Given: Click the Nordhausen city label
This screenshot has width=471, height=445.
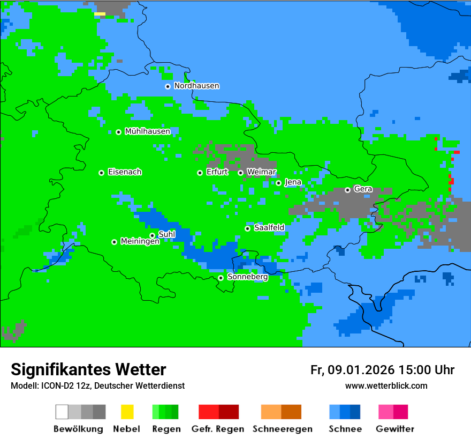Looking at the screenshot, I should [x=196, y=86].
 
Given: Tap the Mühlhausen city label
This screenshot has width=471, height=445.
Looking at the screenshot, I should [x=147, y=131].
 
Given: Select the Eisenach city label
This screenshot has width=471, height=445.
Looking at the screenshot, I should [x=125, y=172].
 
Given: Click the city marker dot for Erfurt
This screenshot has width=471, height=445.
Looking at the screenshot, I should [x=200, y=173].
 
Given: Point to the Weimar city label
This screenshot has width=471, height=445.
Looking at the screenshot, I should [x=262, y=172].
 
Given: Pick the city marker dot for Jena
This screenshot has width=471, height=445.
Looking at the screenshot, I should [x=278, y=183].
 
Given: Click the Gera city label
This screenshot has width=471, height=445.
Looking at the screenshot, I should [x=363, y=189].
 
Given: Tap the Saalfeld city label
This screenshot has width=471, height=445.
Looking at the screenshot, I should [x=269, y=228].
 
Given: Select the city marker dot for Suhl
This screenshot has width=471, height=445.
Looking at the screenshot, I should [x=152, y=235].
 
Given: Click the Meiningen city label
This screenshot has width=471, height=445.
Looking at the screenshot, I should [x=140, y=242].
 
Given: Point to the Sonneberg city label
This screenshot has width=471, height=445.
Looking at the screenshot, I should [x=247, y=277].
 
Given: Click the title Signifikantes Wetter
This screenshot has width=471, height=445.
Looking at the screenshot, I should [x=88, y=369].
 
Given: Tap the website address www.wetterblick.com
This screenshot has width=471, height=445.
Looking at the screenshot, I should [x=386, y=385].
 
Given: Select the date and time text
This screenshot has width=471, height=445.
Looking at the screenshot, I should [x=382, y=370].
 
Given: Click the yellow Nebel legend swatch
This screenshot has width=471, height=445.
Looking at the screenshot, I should [x=127, y=412].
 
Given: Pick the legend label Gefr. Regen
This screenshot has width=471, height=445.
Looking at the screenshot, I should [x=218, y=429].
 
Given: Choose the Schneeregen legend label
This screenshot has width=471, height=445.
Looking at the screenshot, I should [x=283, y=429].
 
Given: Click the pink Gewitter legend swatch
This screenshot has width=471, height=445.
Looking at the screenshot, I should [x=386, y=412].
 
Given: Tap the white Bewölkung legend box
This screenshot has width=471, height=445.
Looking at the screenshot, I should [x=62, y=412].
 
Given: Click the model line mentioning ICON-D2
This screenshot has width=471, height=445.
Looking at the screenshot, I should [x=97, y=386].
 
